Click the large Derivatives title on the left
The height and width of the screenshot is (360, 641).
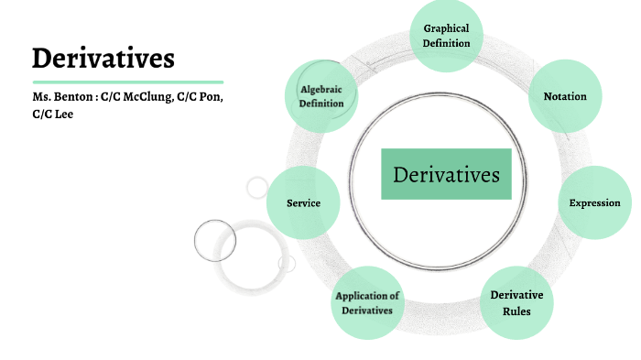pos(103,59)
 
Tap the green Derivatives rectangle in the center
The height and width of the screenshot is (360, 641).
pos(446,174)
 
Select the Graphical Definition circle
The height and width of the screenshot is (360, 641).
pos(446,36)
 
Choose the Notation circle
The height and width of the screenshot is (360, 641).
pos(565,96)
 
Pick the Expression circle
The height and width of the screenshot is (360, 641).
pos(594,202)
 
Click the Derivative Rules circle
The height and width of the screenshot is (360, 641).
pos(516,302)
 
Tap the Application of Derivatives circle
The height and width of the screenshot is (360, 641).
pos(367,303)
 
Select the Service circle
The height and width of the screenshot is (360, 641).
pos(303,202)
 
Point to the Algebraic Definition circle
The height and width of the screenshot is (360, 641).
pos(321,96)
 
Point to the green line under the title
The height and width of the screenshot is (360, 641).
pos(127,82)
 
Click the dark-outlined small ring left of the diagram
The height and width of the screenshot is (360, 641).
pos(215,240)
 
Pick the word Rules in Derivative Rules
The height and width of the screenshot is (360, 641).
pos(516,311)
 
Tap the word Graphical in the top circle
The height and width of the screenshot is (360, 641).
pos(446,28)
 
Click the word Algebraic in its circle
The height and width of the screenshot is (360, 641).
pos(321,89)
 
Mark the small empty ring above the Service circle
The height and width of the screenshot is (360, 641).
pos(257,188)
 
